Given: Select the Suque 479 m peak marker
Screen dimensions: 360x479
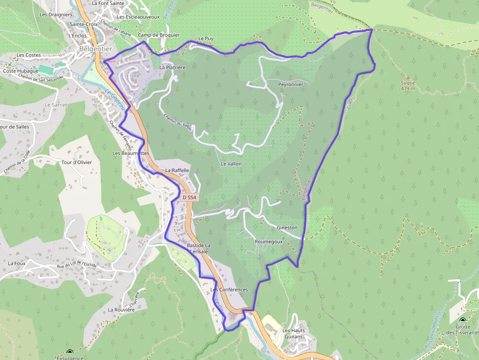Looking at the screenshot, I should (x=408, y=77).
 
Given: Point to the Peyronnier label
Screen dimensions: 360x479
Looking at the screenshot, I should (x=290, y=85).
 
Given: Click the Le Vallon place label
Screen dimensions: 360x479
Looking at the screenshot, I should (x=231, y=164).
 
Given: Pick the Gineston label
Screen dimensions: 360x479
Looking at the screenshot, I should (x=287, y=228).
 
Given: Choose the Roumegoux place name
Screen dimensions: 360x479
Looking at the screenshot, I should (x=269, y=242).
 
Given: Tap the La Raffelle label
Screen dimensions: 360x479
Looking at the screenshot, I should (x=177, y=170).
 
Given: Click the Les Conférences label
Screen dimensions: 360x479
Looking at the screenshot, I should (x=229, y=290).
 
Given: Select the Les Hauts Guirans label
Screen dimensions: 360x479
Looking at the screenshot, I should (x=293, y=334).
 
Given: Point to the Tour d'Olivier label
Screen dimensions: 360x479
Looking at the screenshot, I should (x=77, y=162).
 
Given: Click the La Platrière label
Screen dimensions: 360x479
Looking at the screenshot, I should (x=172, y=67).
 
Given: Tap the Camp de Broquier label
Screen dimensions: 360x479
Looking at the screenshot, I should (x=159, y=35).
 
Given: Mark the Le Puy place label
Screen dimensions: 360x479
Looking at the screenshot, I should (x=206, y=38).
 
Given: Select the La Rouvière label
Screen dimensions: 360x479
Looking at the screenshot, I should (x=121, y=310).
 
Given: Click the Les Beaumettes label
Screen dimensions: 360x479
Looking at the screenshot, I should (x=131, y=153).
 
